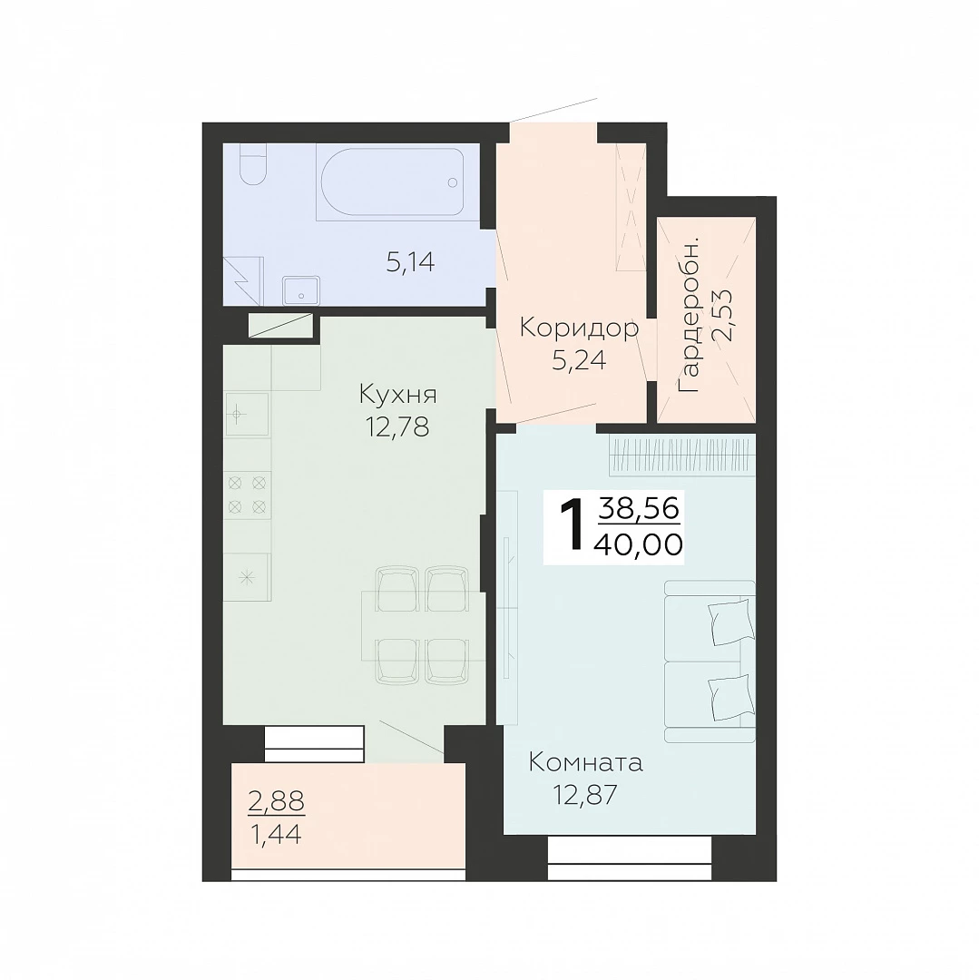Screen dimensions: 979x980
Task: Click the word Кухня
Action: pos(398,396)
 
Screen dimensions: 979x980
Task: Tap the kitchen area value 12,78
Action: pos(397,426)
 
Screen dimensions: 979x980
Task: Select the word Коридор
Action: pos(579,328)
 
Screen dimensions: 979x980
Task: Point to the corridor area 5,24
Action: pos(579,360)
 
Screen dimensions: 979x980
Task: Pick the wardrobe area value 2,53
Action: pos(725,314)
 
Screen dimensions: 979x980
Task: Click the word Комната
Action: pos(585,763)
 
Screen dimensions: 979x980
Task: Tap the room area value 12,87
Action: pos(585,794)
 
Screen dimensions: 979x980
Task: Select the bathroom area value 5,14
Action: pos(410,262)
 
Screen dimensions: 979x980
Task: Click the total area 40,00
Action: pos(639,545)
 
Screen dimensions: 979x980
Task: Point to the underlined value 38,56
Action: pos(639,508)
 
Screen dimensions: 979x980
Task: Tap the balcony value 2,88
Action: pos(276,800)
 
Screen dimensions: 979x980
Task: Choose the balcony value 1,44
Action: pos(276,834)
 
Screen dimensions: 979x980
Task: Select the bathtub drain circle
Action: pos(453,182)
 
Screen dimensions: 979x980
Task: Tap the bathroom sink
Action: pos(301,291)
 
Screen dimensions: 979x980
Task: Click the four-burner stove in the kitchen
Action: pos(248,495)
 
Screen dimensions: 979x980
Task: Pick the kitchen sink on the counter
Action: pos(246,414)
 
